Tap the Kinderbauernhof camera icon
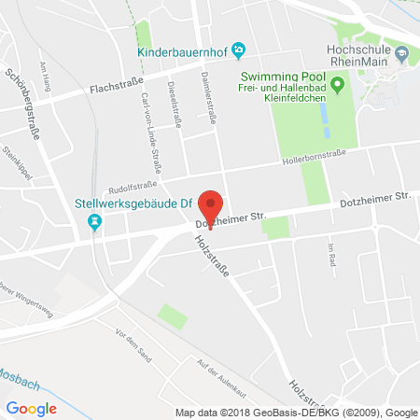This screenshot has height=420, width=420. pyautogui.click(x=239, y=49)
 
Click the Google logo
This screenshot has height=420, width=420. pyautogui.click(x=31, y=408)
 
